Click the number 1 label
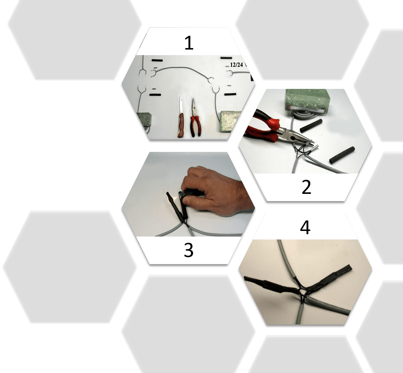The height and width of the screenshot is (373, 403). (189, 43)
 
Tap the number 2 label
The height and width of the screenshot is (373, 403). (306, 187)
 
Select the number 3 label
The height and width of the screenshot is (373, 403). (189, 250)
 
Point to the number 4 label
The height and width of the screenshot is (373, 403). (305, 227)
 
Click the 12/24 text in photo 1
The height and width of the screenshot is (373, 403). (236, 65)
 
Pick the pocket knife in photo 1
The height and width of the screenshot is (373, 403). (181, 117)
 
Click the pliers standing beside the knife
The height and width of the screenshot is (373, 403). (195, 117)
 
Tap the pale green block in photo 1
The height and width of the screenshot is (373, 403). (231, 121)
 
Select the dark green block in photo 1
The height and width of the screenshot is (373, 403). (144, 120)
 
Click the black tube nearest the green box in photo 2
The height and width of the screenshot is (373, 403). (311, 126)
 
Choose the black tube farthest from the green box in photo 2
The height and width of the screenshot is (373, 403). (342, 155)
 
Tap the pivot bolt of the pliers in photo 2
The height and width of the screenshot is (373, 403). (293, 138)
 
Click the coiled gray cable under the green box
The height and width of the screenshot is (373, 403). (304, 116)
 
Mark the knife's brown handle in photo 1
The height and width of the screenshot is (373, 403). (181, 125)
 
